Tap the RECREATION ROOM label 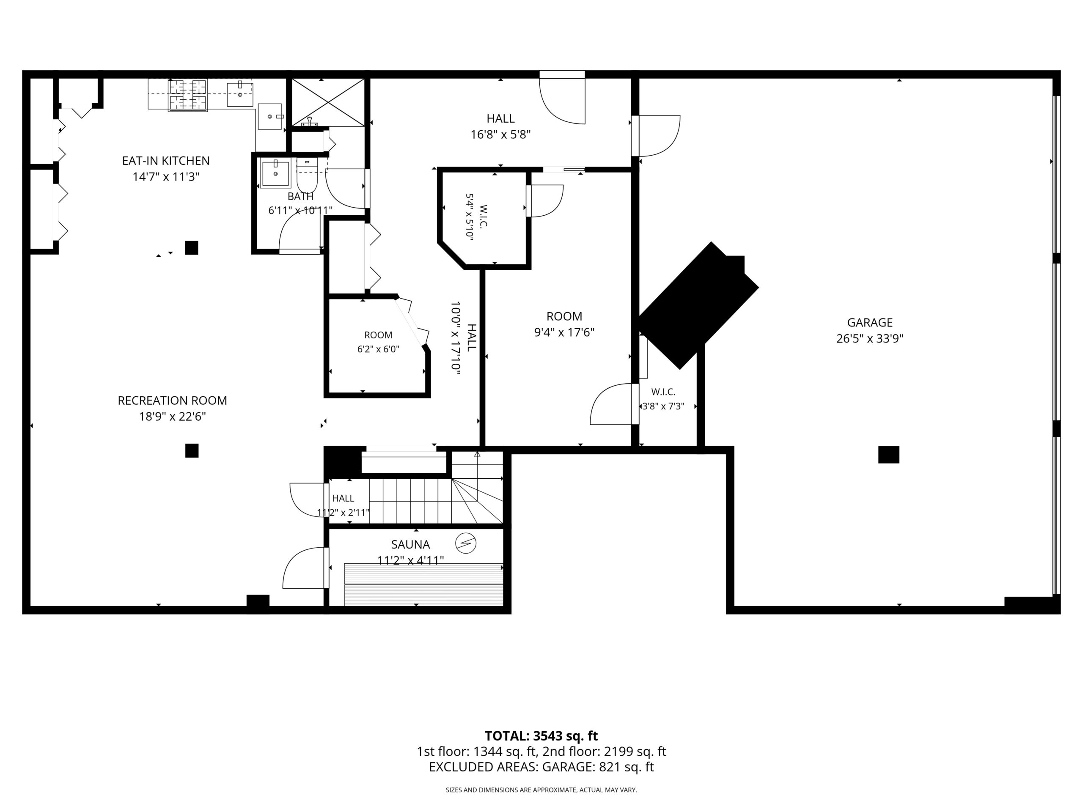coord(172,401)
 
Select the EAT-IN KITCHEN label coord(165,161)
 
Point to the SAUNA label coord(410,544)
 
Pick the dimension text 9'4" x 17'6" coord(564,332)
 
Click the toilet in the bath coord(307,175)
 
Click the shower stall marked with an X coord(327,102)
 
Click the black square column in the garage coord(889,455)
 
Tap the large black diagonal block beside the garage coord(698,304)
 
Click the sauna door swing coord(305,568)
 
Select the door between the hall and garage coord(656,136)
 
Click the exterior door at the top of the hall coord(562,98)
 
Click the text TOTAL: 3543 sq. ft coord(541,735)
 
